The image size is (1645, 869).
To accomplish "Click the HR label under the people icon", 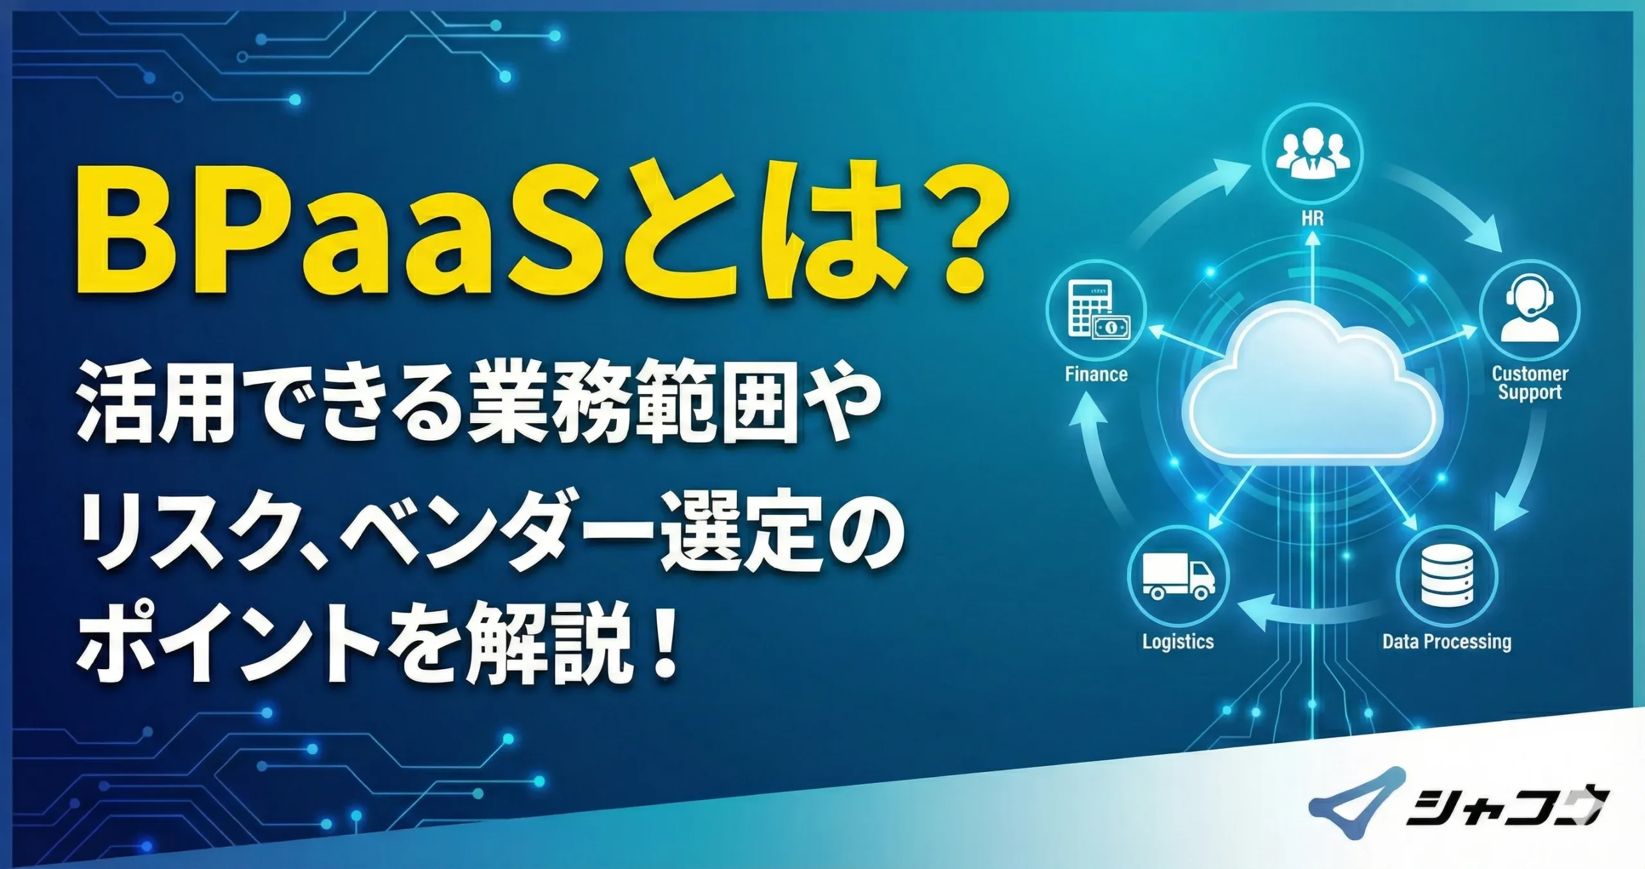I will click(x=1312, y=218).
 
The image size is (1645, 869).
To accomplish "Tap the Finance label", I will click(x=1096, y=374).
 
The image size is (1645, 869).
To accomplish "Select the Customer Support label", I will click(x=1530, y=382).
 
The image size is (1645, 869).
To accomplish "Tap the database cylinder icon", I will click(x=1446, y=575).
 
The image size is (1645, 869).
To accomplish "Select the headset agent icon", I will click(x=1529, y=310).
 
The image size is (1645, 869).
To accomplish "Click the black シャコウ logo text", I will click(x=1504, y=807).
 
